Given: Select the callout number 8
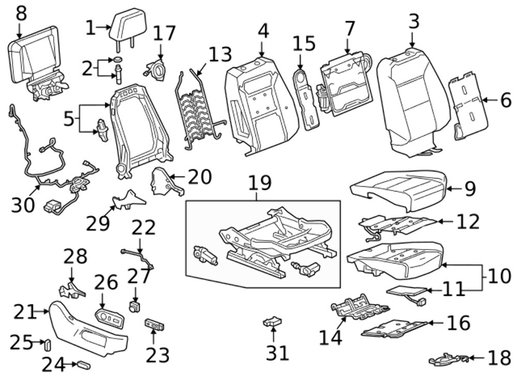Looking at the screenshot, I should (x=21, y=13).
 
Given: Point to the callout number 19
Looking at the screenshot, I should (x=260, y=184).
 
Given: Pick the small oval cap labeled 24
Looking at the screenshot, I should (x=82, y=365).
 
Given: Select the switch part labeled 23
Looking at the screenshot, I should (x=154, y=326).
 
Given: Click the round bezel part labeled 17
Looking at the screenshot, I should (x=157, y=69).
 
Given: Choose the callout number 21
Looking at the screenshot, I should (x=25, y=312).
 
